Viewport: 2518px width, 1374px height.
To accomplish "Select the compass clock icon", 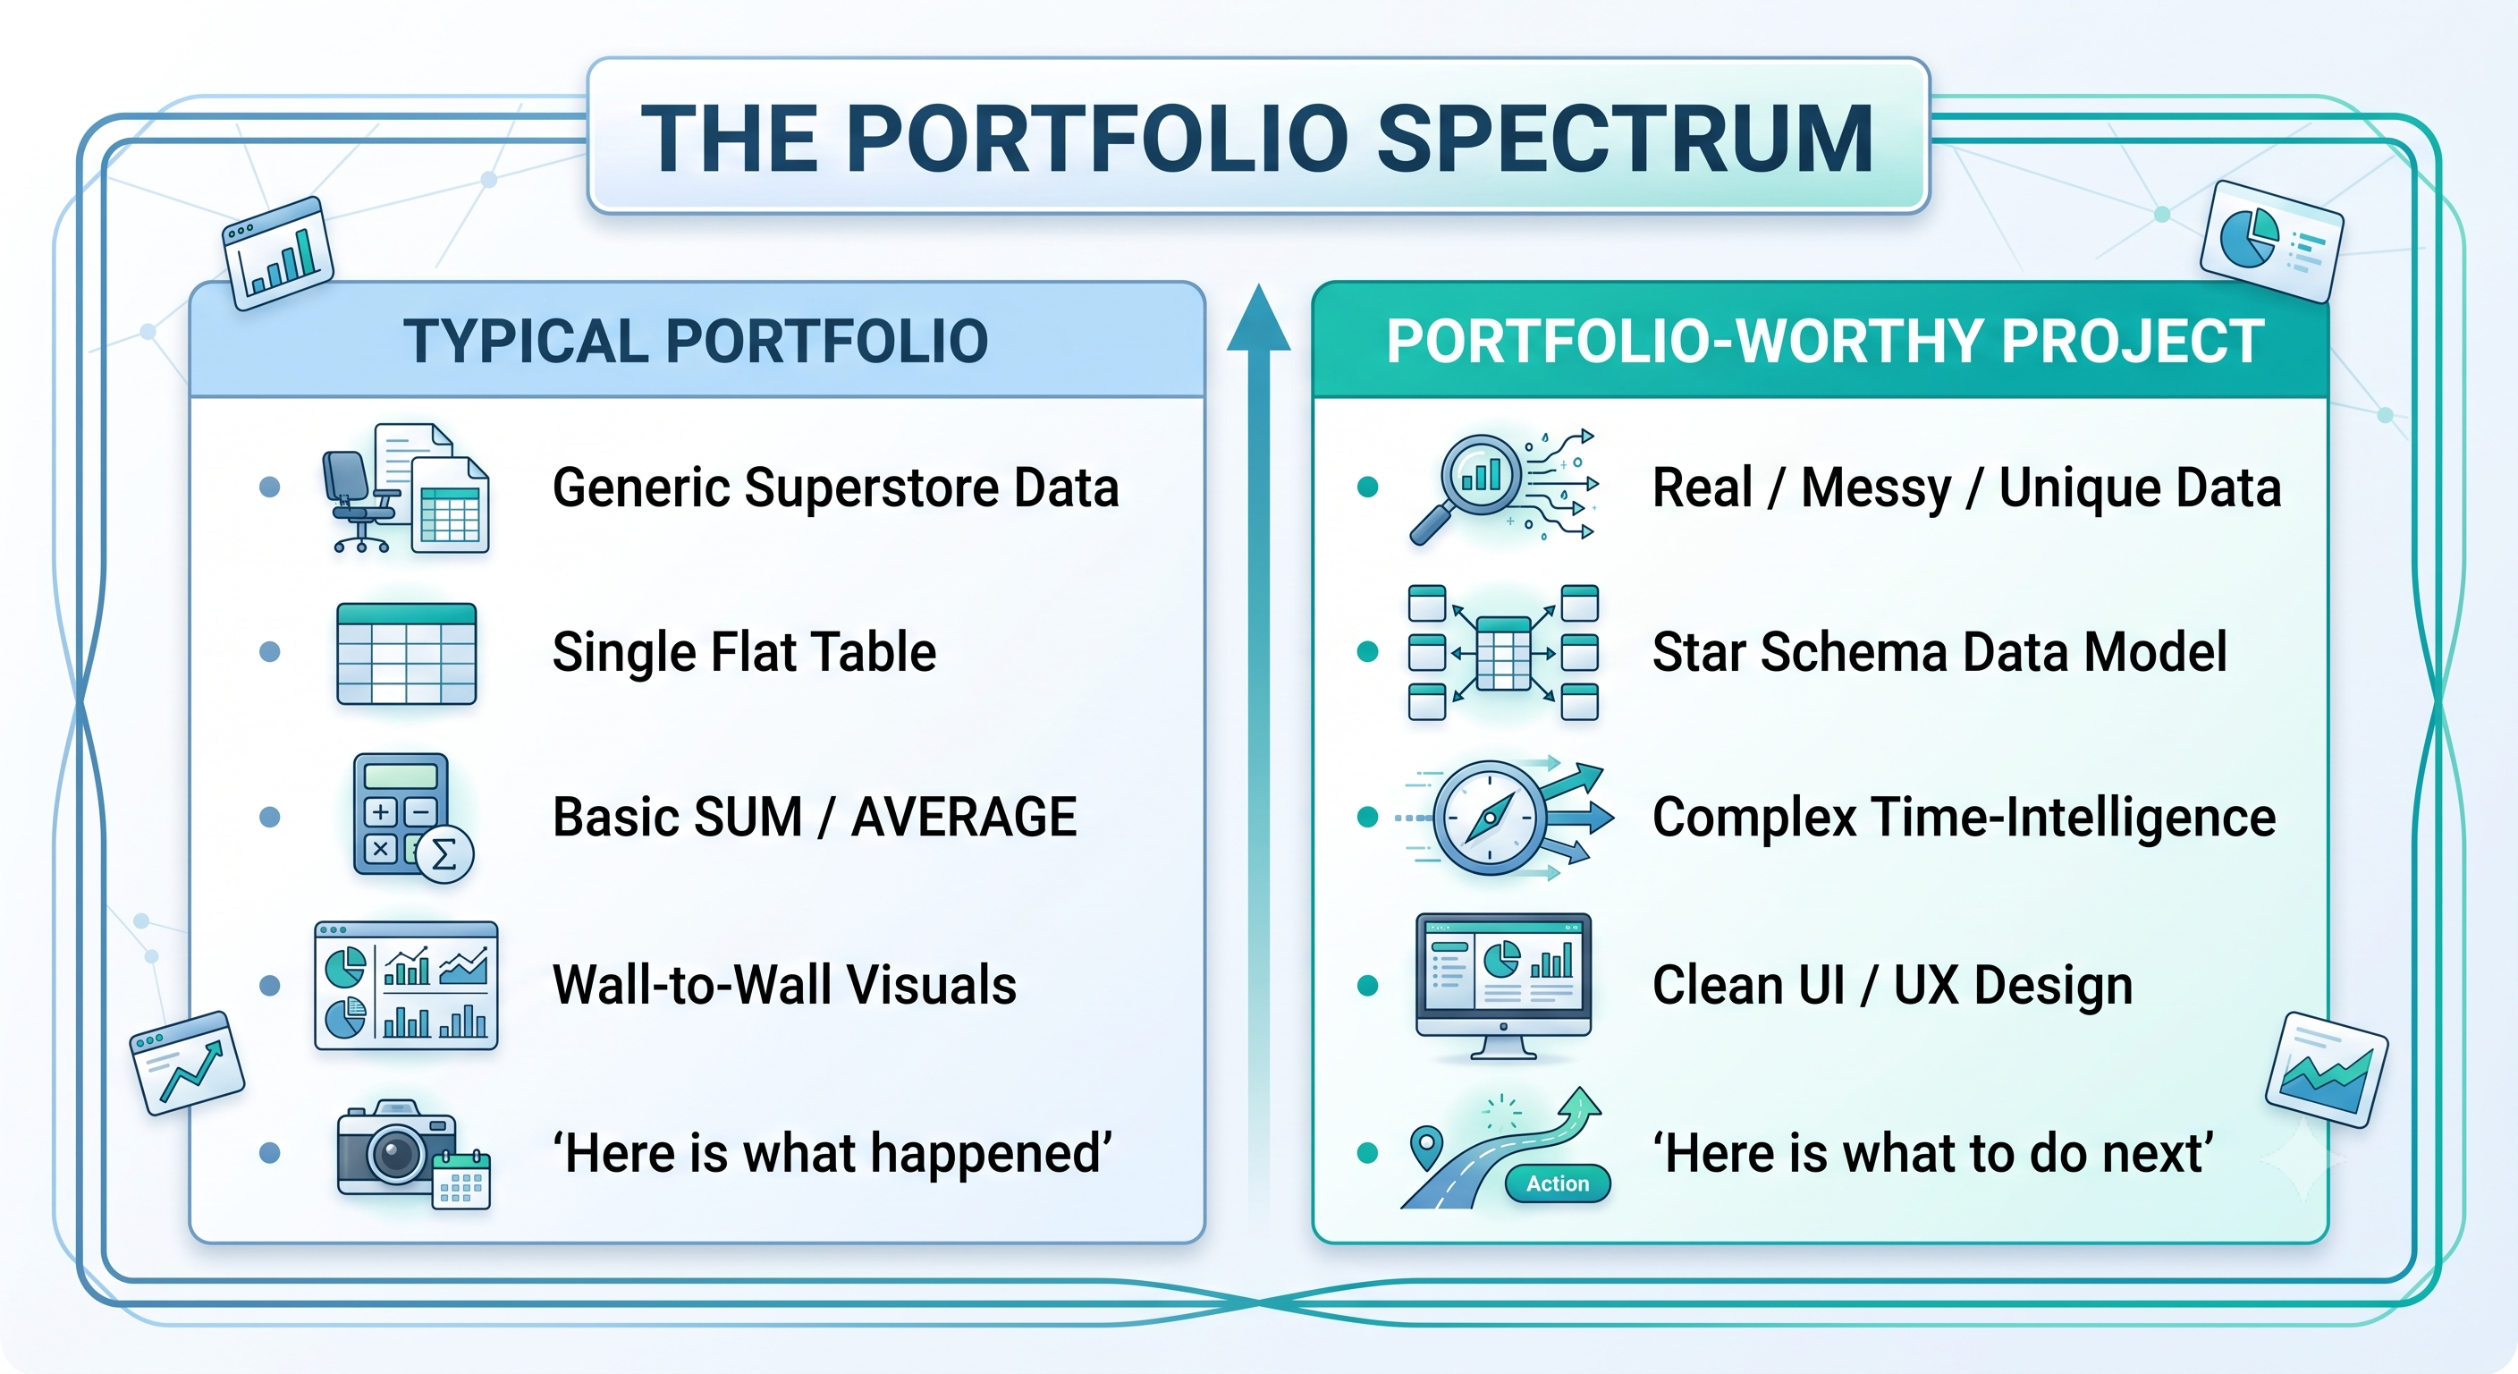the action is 1490,818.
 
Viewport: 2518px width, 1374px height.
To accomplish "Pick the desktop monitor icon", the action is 1503,986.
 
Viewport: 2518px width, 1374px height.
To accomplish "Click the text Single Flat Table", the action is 744,652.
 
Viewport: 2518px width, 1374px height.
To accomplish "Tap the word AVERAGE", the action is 964,818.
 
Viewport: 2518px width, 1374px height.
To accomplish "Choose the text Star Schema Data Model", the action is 1939,652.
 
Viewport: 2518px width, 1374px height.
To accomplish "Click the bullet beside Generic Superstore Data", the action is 270,487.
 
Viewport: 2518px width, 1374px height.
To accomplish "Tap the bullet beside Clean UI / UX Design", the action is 1368,986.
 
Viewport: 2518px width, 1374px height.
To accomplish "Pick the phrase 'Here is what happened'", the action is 832,1154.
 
